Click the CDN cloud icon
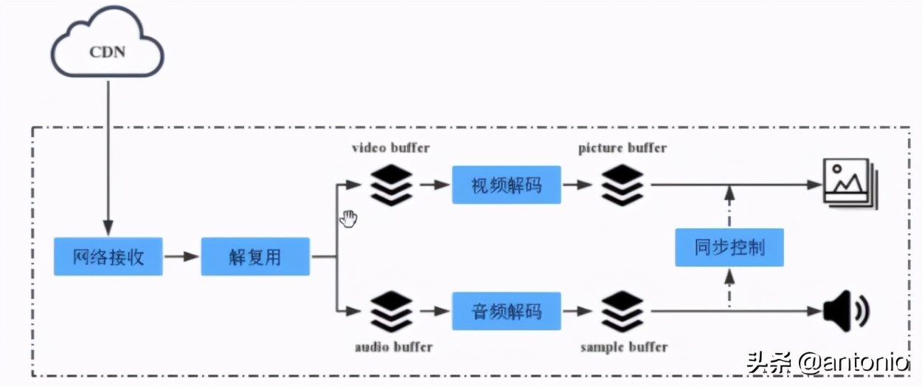tap(108, 46)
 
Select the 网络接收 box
tap(108, 257)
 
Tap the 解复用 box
tap(254, 257)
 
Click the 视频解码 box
tap(506, 185)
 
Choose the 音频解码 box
tap(506, 311)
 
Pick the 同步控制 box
tap(729, 247)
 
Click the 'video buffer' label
tap(390, 148)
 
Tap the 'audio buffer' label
tap(393, 346)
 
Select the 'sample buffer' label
tap(623, 346)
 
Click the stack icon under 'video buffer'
tap(391, 185)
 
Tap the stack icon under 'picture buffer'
tap(622, 185)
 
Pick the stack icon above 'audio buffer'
tap(391, 312)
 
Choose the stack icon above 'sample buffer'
tap(622, 312)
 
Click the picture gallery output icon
tap(848, 184)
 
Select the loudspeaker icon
tap(845, 311)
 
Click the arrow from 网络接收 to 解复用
tap(181, 257)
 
